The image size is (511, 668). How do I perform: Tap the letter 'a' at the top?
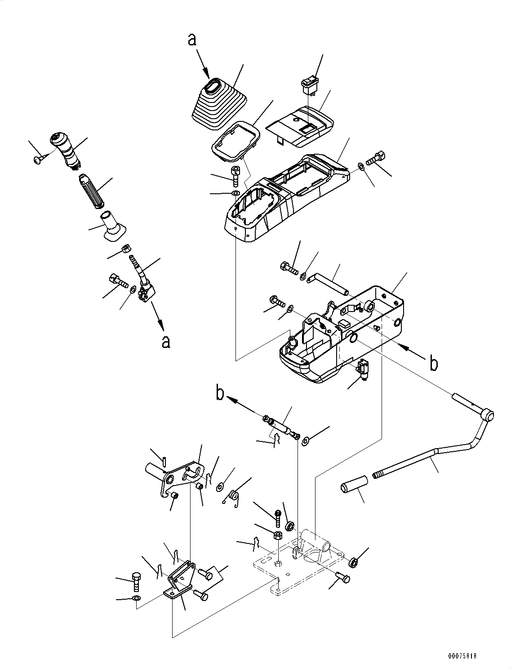(x=192, y=40)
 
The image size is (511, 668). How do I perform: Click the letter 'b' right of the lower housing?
(x=433, y=364)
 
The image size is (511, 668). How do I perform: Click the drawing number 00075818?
(x=462, y=656)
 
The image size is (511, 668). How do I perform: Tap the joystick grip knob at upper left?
(x=66, y=150)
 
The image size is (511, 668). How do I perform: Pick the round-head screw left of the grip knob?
(x=39, y=158)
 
